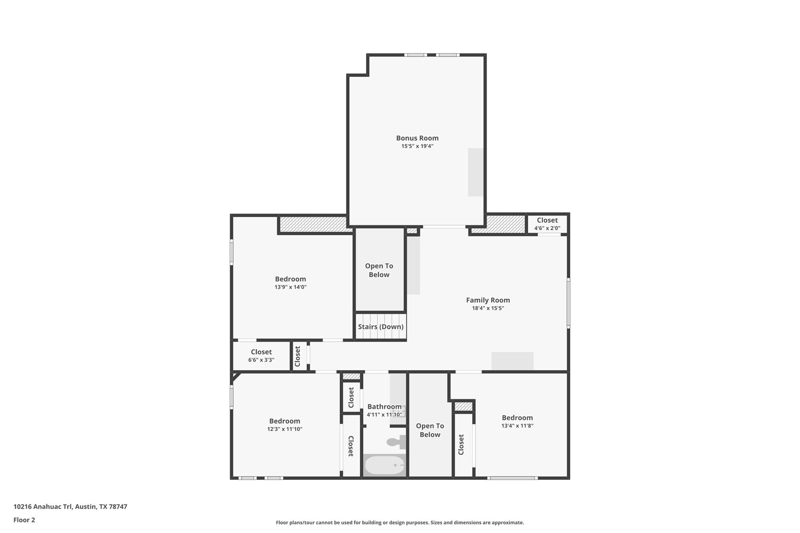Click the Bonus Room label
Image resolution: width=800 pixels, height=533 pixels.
pyautogui.click(x=417, y=138)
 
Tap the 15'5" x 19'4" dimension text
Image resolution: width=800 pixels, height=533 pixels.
pyautogui.click(x=417, y=146)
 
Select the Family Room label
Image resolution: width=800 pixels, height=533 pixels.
pyautogui.click(x=488, y=300)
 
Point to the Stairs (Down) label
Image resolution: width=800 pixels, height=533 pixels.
pyautogui.click(x=380, y=326)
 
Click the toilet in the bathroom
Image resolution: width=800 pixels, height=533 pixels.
pyautogui.click(x=396, y=442)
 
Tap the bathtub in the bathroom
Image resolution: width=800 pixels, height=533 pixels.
pyautogui.click(x=385, y=465)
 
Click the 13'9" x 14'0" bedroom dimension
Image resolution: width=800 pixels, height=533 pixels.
pyautogui.click(x=290, y=287)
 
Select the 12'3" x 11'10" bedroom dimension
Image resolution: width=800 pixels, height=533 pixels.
pyautogui.click(x=284, y=429)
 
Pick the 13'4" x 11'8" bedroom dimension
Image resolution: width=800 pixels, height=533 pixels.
pyautogui.click(x=517, y=426)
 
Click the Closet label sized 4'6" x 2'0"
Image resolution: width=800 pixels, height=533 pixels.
pyautogui.click(x=547, y=220)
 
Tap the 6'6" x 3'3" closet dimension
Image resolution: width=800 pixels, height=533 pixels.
pyautogui.click(x=261, y=360)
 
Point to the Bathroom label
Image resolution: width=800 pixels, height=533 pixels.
pyautogui.click(x=384, y=406)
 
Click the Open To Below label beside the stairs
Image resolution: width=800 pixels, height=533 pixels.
pyautogui.click(x=379, y=270)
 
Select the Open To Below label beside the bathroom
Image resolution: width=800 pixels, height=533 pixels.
pyautogui.click(x=430, y=430)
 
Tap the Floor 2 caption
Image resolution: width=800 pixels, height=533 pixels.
pyautogui.click(x=24, y=520)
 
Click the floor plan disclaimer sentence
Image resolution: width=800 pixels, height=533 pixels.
pyautogui.click(x=400, y=522)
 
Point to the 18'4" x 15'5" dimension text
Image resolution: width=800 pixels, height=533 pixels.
pyautogui.click(x=488, y=308)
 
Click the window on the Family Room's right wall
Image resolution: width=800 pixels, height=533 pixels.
pyautogui.click(x=568, y=303)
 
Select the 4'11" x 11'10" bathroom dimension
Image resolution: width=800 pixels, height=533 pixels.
pyautogui.click(x=384, y=415)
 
